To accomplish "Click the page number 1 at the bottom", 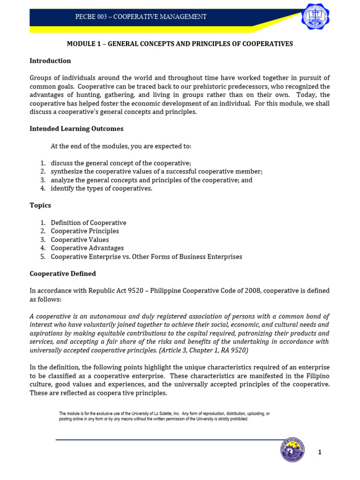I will [320, 452].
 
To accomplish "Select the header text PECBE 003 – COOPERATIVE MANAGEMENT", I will [141, 17].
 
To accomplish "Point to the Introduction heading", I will [50, 60].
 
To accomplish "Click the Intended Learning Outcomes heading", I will [76, 128].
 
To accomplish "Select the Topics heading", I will [40, 205].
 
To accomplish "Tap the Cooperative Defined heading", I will [63, 273].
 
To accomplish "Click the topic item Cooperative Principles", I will [85, 231].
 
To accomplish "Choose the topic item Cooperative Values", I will [80, 240].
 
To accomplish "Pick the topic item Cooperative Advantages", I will [87, 248].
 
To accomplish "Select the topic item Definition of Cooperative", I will [89, 223].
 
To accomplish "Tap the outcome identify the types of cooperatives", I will [102, 188].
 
